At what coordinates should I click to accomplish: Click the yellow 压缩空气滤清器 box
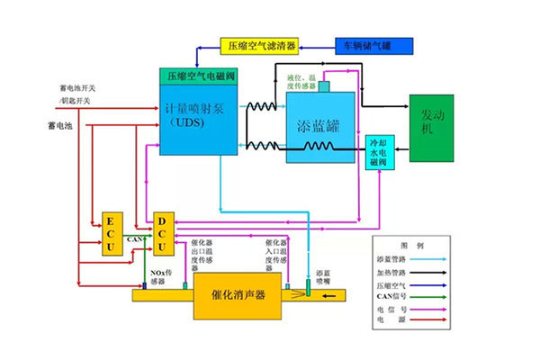pos(260,45)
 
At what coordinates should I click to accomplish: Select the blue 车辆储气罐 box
pos(373,44)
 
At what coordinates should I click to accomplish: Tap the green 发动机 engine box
pos(432,127)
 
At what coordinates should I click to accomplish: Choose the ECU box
pos(111,235)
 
